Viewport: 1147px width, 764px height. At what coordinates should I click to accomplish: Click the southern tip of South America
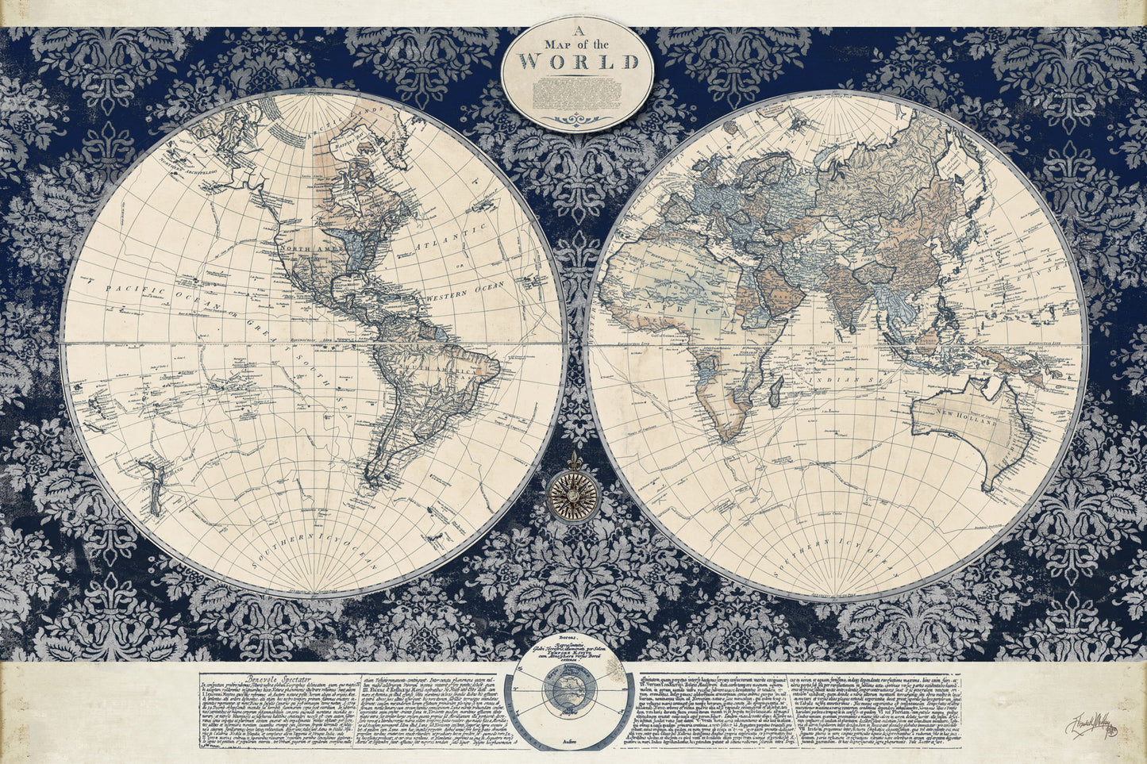(x=370, y=477)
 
